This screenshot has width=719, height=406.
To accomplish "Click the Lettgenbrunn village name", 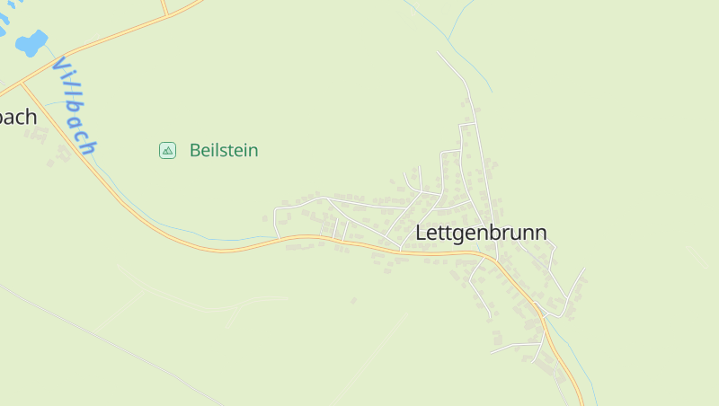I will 481,233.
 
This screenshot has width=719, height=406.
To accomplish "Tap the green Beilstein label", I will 223,150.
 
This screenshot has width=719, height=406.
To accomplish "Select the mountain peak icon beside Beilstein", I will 167,150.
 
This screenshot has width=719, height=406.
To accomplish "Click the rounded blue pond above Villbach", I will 31,42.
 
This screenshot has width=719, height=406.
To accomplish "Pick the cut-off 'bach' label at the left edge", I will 18,117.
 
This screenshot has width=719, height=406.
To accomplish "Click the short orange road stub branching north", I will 164,8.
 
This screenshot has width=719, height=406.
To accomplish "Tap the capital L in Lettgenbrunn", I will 421,233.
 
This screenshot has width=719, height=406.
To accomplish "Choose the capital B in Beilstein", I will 195,150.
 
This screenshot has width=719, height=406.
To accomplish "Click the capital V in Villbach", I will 60,66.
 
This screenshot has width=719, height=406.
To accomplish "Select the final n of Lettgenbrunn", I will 540,233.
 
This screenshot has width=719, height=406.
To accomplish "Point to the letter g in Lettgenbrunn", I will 460,235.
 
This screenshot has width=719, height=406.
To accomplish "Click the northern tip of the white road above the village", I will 439,52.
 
